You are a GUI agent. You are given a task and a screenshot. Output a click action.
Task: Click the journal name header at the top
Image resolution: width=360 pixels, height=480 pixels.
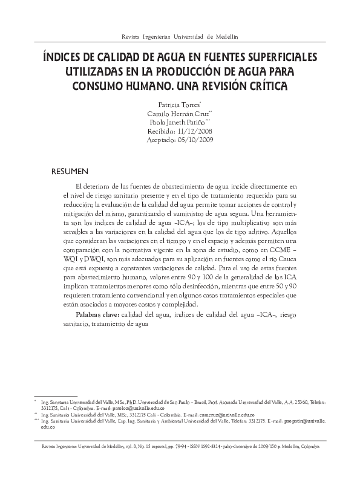[180, 37]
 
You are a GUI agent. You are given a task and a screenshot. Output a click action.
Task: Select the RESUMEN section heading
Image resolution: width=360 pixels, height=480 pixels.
[70, 172]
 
